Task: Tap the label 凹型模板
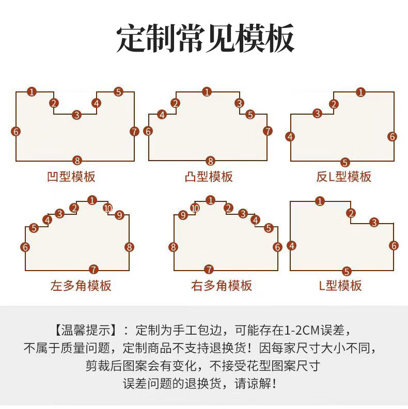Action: click(x=71, y=177)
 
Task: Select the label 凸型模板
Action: click(x=209, y=177)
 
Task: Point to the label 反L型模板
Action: click(x=343, y=177)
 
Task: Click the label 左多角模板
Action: click(x=81, y=285)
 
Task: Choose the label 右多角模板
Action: click(x=222, y=285)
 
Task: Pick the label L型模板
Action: click(x=340, y=285)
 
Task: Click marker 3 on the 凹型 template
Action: click(x=76, y=115)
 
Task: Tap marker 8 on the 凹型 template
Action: click(x=77, y=160)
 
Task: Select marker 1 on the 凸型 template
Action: click(x=207, y=92)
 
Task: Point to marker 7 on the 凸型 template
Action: click(x=268, y=131)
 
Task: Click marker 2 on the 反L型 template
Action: click(x=334, y=104)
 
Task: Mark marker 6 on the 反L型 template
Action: click(x=393, y=136)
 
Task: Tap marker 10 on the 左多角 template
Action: click(x=107, y=208)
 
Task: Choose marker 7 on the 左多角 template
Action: click(x=93, y=269)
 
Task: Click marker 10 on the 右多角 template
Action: click(x=195, y=208)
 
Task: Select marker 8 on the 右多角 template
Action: click(x=174, y=247)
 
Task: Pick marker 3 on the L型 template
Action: click(x=374, y=223)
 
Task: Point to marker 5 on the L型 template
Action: click(x=347, y=271)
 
